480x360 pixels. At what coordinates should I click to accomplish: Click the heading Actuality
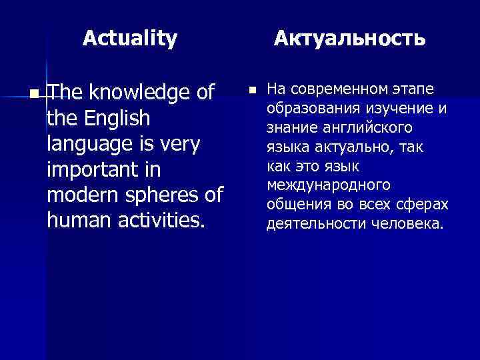pyautogui.click(x=130, y=38)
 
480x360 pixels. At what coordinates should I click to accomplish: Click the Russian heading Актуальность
pyautogui.click(x=350, y=38)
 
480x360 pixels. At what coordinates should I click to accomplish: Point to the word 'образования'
pyautogui.click(x=307, y=109)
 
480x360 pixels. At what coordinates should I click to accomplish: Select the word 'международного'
pyautogui.click(x=329, y=185)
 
